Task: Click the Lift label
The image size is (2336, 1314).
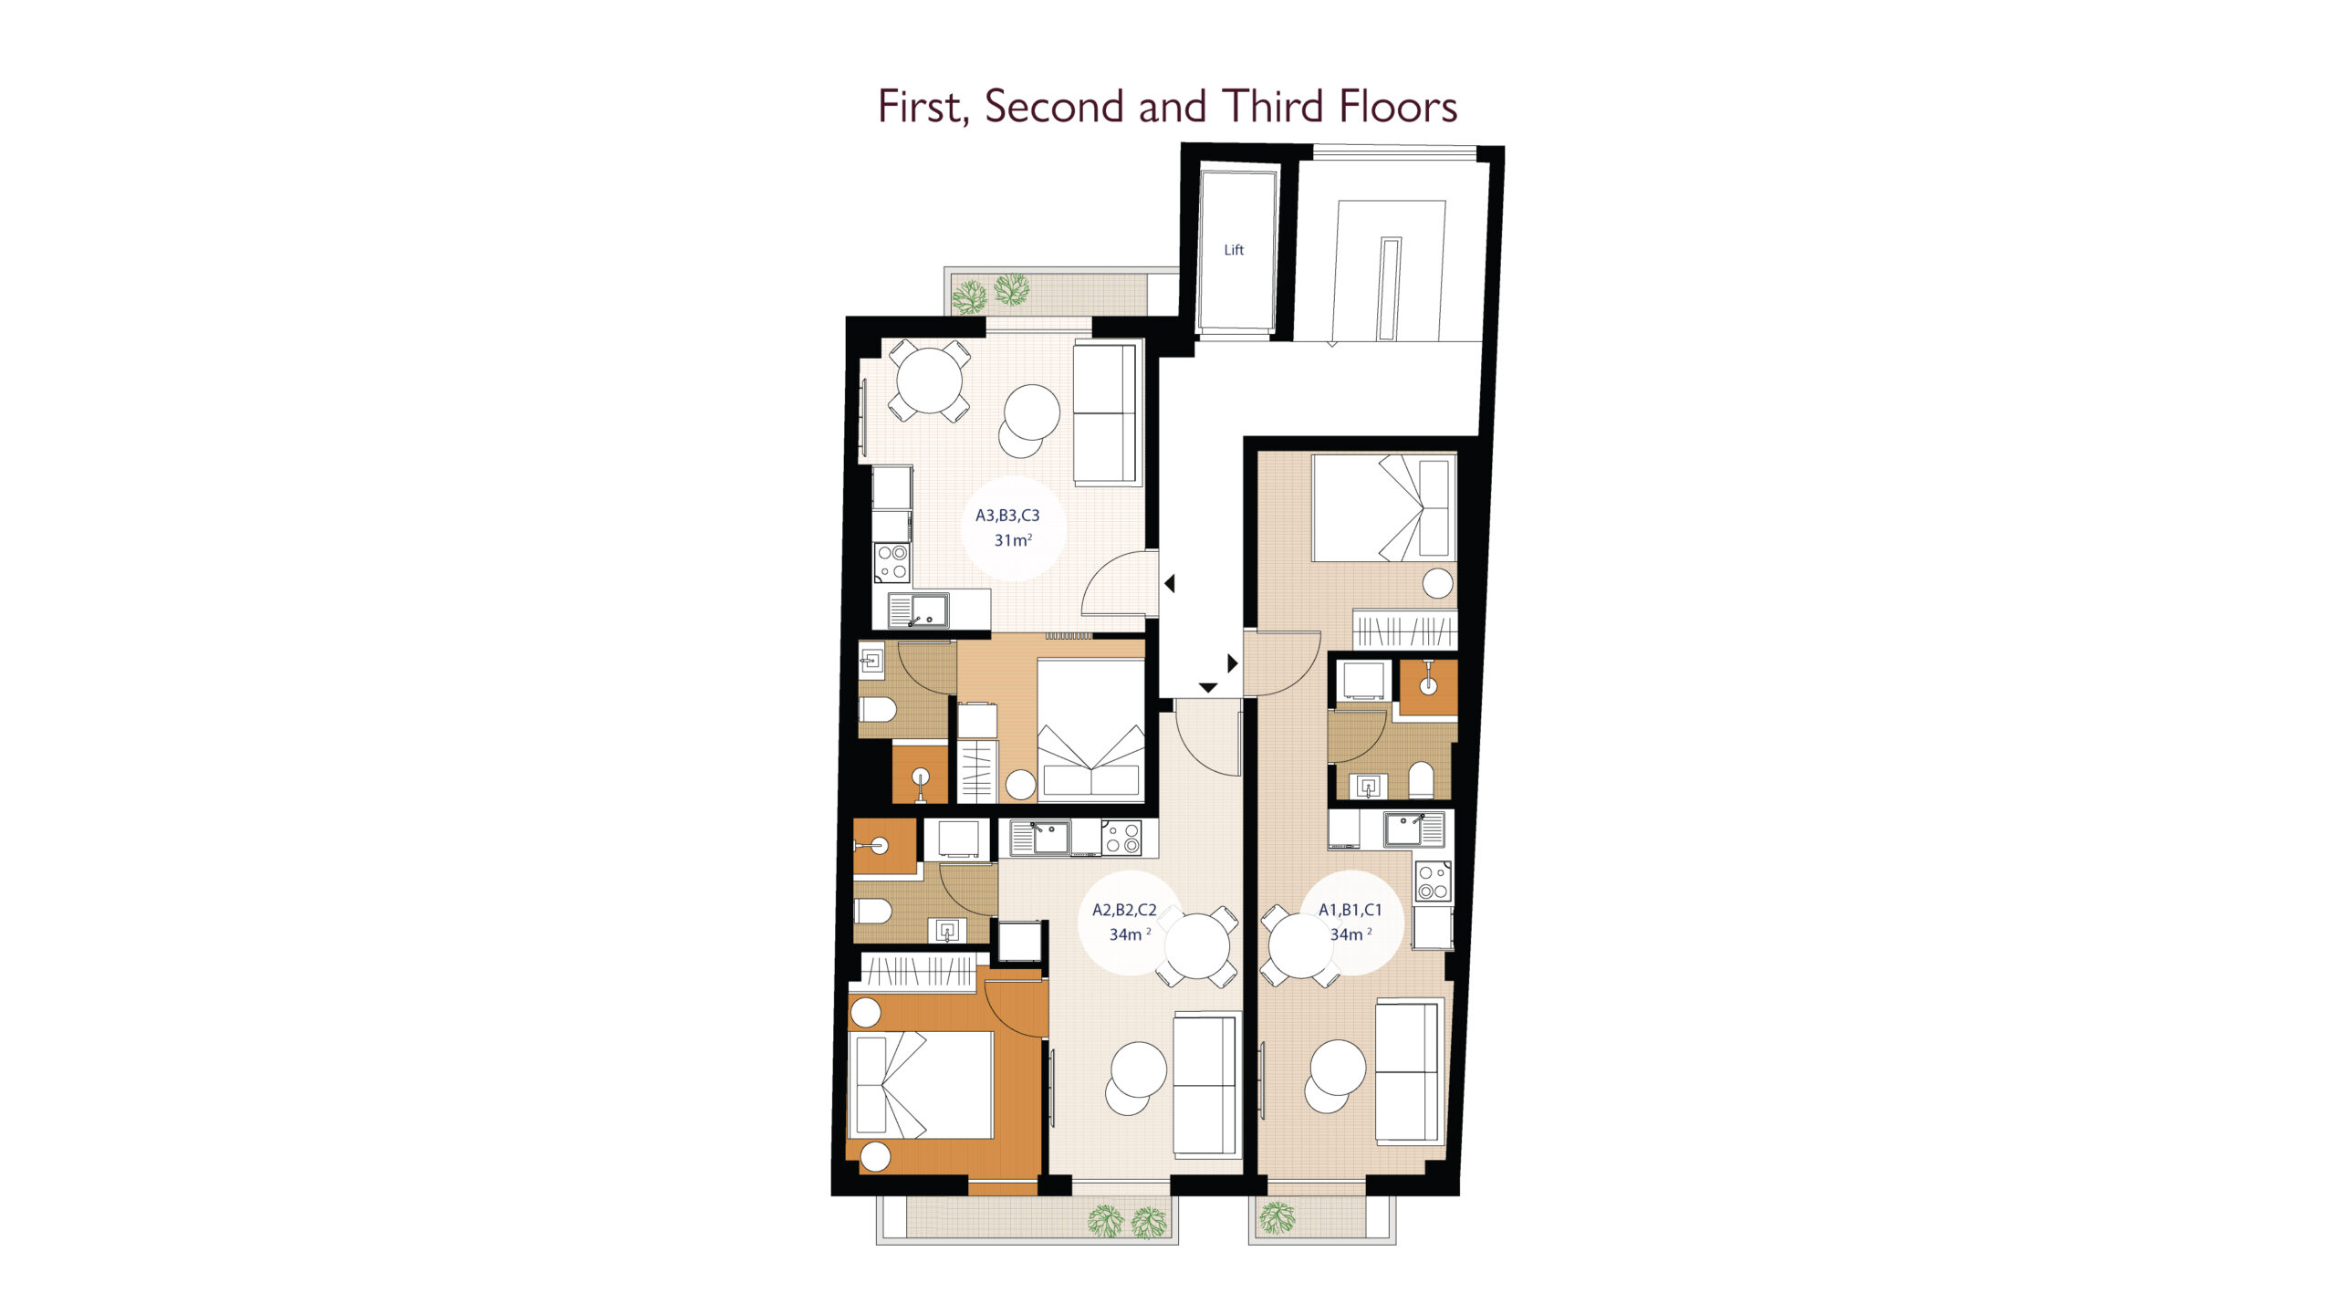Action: (1234, 250)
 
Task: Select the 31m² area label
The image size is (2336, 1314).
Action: (1013, 540)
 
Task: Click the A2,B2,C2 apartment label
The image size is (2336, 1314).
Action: (1124, 910)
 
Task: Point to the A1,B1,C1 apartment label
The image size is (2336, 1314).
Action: (1350, 910)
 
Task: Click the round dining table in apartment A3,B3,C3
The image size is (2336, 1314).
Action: (929, 381)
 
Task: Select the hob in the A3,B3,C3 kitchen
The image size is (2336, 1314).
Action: (892, 562)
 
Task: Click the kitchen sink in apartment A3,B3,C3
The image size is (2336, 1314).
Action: (918, 610)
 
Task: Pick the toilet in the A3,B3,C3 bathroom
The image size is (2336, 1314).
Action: (878, 709)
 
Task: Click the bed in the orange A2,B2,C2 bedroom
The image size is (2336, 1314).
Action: (921, 1085)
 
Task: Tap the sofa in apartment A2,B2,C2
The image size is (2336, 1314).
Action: (1205, 1084)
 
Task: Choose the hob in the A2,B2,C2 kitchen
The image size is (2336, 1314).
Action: (1121, 838)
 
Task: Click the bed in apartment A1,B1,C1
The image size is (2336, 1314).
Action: (1383, 507)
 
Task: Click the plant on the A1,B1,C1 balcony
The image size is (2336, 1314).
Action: (1277, 1217)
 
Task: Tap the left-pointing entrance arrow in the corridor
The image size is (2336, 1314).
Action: (1169, 583)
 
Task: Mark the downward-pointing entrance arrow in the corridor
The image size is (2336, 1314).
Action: (1208, 687)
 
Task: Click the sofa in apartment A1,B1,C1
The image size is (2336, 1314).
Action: (1409, 1070)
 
